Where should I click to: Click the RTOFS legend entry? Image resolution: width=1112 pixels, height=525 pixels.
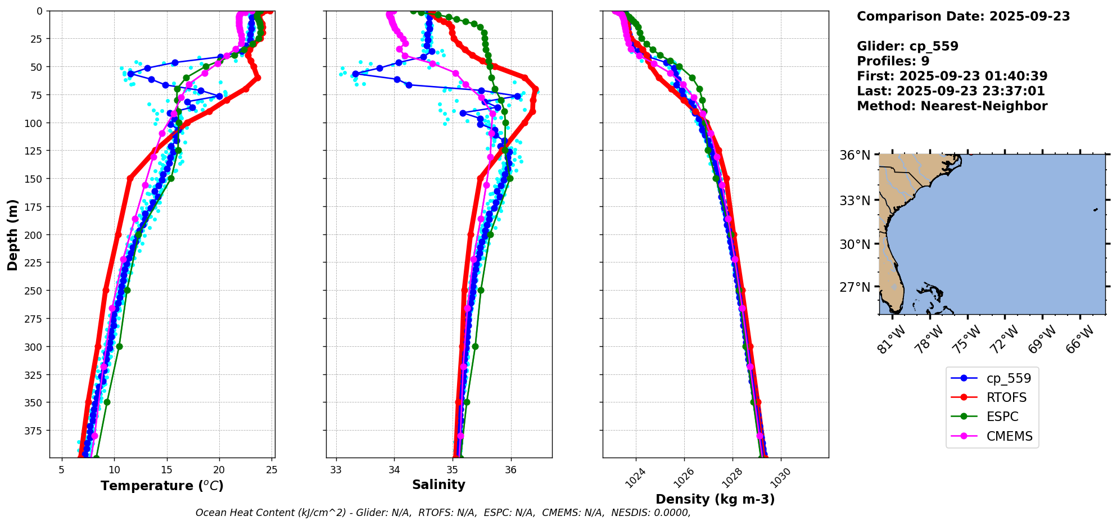pyautogui.click(x=1006, y=398)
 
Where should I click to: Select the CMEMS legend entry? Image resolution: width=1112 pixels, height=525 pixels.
pyautogui.click(x=1009, y=436)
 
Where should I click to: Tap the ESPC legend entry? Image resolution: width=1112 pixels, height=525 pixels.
pyautogui.click(x=1002, y=417)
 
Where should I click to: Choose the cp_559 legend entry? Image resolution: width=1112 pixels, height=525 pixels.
pyautogui.click(x=1009, y=379)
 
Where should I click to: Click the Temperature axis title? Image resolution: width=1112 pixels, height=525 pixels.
pyautogui.click(x=162, y=486)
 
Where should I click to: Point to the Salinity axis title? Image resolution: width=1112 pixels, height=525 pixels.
pyautogui.click(x=439, y=485)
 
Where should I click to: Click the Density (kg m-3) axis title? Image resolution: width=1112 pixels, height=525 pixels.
pyautogui.click(x=715, y=499)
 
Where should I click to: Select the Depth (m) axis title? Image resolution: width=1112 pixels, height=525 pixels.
pyautogui.click(x=12, y=234)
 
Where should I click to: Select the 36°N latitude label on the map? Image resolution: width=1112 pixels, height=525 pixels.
pyautogui.click(x=855, y=155)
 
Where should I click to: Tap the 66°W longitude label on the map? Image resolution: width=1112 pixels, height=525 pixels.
pyautogui.click(x=1080, y=339)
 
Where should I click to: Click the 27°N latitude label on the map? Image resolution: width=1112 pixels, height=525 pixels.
pyautogui.click(x=855, y=287)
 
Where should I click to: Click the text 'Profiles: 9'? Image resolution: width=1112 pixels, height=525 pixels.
pyautogui.click(x=893, y=61)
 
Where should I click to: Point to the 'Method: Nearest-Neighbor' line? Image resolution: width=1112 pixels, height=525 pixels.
pyautogui.click(x=952, y=106)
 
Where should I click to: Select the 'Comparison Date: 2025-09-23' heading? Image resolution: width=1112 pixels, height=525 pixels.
pyautogui.click(x=963, y=16)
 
